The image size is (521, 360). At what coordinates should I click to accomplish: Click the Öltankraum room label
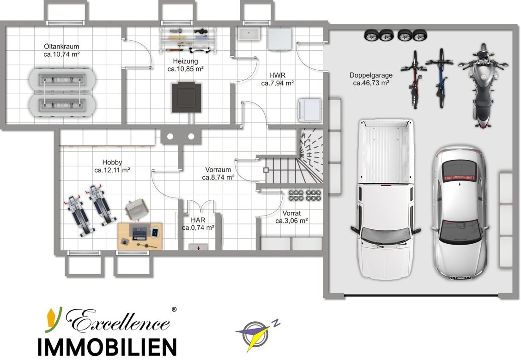(61, 47)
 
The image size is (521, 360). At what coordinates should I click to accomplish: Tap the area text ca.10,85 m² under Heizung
(185, 69)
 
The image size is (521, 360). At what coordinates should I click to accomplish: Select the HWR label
(277, 75)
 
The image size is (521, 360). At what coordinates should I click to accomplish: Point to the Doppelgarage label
(371, 75)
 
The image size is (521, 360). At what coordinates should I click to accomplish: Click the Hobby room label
(112, 162)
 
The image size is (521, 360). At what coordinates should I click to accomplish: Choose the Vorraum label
(218, 170)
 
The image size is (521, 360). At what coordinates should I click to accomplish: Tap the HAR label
(198, 220)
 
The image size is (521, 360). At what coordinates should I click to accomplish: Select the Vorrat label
(291, 213)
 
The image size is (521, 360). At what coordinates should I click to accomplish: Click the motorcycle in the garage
(483, 85)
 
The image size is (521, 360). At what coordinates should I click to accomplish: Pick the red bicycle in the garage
(414, 79)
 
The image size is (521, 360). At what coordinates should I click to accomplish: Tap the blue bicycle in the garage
(440, 78)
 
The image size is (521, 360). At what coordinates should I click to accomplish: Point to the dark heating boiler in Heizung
(187, 98)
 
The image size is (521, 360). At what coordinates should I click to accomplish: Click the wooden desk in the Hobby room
(140, 236)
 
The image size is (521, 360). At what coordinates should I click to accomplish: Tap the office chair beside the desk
(136, 209)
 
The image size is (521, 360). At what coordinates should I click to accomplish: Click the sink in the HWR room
(249, 34)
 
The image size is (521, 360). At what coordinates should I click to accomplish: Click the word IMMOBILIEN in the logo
(107, 347)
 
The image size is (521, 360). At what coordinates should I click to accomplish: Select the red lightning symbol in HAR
(198, 247)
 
